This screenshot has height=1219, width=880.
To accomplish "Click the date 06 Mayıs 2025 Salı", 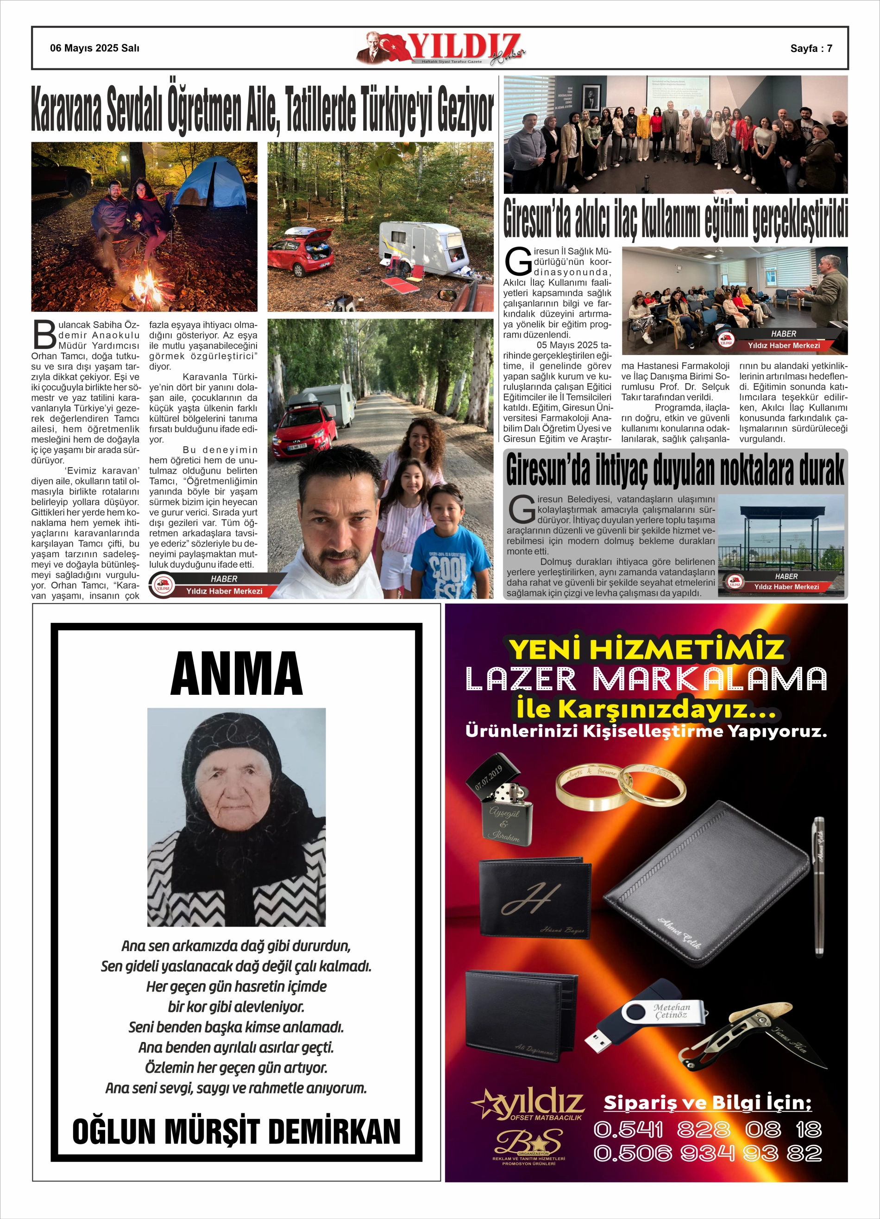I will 94,48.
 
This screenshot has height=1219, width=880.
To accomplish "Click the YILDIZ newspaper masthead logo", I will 440,48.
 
